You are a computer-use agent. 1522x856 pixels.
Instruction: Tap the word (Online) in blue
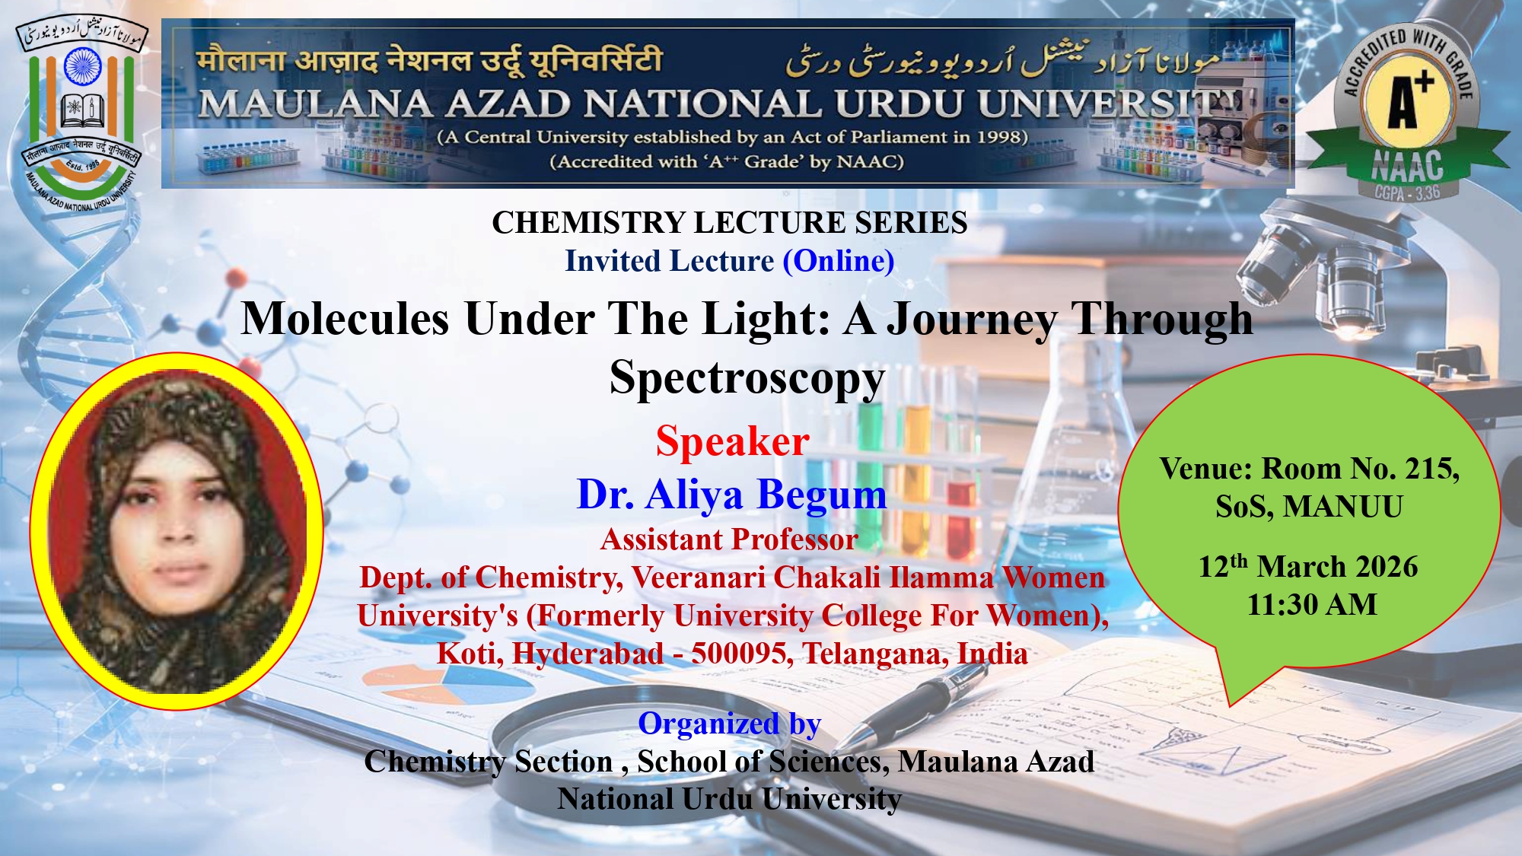pos(839,261)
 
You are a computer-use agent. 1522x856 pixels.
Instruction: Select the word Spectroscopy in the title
pos(747,378)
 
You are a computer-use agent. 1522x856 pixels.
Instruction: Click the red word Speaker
pos(732,441)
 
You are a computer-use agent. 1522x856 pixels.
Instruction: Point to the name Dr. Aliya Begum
pos(732,495)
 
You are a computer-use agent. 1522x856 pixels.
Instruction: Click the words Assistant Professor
pos(729,539)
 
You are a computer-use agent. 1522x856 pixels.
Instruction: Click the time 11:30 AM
pos(1312,605)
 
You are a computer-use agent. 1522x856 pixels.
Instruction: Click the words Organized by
pos(729,724)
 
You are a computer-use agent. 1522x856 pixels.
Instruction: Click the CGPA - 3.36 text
pos(1407,193)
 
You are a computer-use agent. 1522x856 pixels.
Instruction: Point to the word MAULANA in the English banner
pos(315,104)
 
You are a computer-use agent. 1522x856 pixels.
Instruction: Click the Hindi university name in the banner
pos(430,59)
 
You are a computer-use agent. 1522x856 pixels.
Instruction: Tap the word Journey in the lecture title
pos(973,319)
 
